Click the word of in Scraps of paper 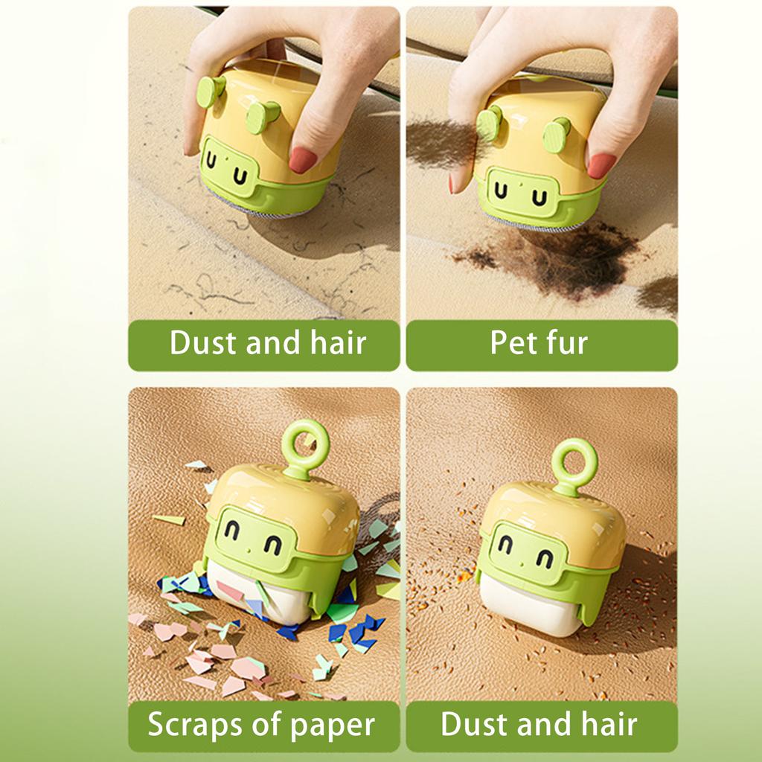[260, 724]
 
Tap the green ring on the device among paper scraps [305, 444]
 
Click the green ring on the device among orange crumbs [574, 460]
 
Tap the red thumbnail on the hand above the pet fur [601, 165]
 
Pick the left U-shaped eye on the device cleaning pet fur [501, 193]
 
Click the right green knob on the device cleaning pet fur [556, 135]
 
